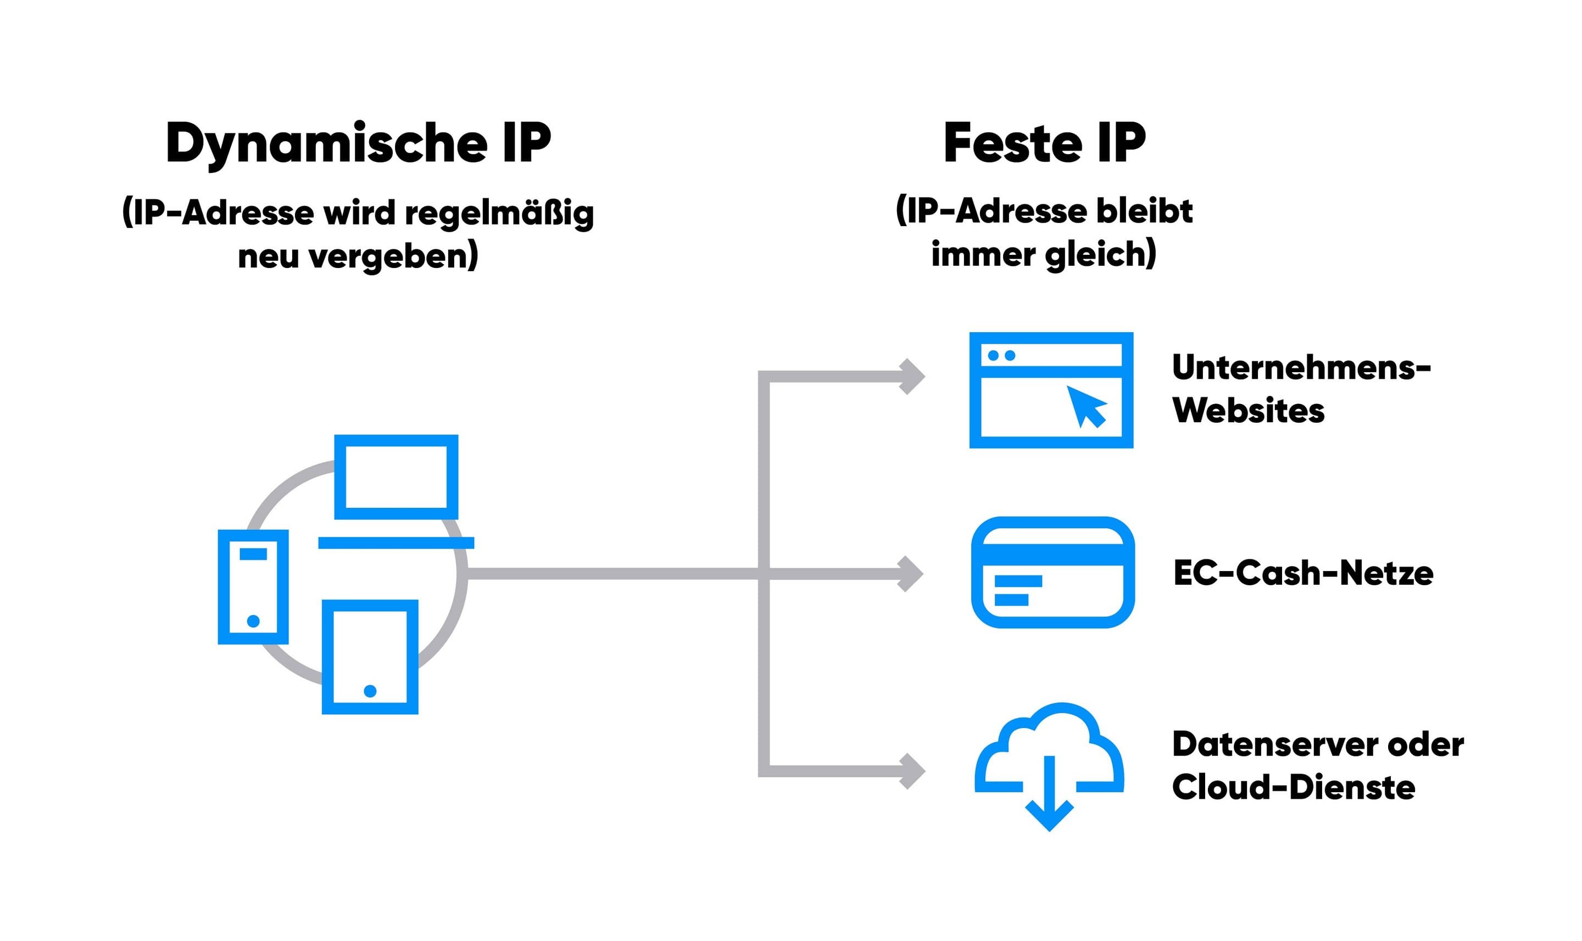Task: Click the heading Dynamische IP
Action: point(358,143)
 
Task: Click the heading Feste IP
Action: point(1044,143)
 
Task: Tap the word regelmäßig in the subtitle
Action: point(499,212)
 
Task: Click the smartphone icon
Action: point(253,586)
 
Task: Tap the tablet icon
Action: point(370,656)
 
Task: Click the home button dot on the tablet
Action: point(370,691)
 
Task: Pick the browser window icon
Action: point(1050,390)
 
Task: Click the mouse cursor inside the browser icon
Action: point(1087,406)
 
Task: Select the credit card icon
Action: point(1052,573)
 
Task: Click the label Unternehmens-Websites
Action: point(1300,389)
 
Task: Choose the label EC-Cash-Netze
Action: point(1303,573)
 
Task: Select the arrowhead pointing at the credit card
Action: point(911,574)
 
